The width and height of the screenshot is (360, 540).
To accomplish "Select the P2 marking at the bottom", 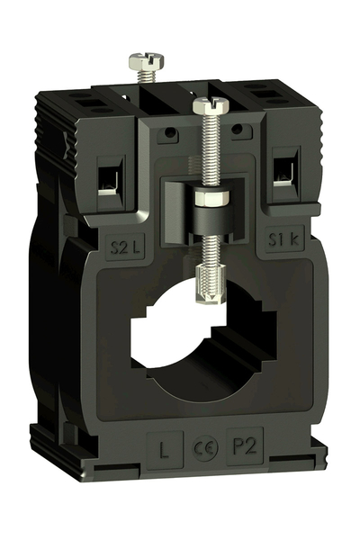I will pyautogui.click(x=242, y=445).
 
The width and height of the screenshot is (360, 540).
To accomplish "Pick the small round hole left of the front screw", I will pyautogui.click(x=167, y=134).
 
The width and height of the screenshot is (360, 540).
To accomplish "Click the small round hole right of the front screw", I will pyautogui.click(x=237, y=130).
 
